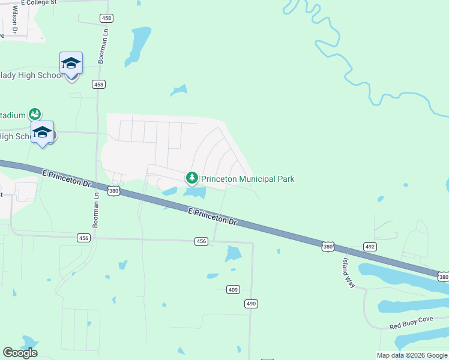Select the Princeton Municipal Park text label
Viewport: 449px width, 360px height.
[x=247, y=179]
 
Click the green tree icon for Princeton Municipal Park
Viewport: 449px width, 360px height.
[x=192, y=178]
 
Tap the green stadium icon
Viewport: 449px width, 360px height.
[x=35, y=114]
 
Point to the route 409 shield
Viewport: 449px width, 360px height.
[x=234, y=290]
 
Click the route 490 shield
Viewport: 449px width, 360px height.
[x=251, y=304]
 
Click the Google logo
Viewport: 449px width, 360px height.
[x=20, y=353]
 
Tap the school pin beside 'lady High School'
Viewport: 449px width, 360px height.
[x=71, y=64]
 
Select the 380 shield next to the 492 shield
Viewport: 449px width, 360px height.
[x=327, y=247]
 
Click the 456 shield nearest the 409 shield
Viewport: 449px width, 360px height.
[x=201, y=241]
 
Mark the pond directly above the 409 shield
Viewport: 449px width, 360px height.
[x=232, y=254]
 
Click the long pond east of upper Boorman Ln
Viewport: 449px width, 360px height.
[x=138, y=45]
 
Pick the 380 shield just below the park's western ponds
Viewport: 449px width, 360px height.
[x=114, y=191]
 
